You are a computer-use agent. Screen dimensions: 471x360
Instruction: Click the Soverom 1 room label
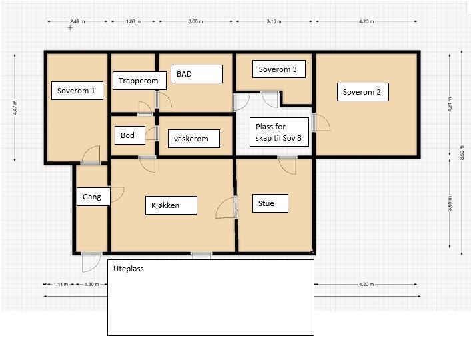click(77, 91)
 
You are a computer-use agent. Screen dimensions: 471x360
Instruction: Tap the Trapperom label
click(139, 81)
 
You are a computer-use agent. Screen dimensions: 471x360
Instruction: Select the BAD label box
click(197, 74)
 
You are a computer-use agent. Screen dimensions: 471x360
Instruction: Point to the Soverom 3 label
click(279, 69)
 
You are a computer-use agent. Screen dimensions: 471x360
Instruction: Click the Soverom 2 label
click(363, 92)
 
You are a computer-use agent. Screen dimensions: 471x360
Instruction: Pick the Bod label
click(130, 135)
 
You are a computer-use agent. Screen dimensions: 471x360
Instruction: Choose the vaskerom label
click(194, 139)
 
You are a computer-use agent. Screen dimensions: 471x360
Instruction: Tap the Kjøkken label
click(171, 205)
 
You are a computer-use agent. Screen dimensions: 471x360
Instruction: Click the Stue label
click(270, 203)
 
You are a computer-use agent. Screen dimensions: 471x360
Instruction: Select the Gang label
click(93, 197)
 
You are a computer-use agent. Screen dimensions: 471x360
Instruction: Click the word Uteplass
click(129, 269)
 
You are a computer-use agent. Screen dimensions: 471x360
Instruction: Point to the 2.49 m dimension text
click(77, 21)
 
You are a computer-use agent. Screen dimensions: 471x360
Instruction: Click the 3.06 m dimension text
click(196, 21)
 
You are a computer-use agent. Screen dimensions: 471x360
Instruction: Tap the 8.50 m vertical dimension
click(462, 153)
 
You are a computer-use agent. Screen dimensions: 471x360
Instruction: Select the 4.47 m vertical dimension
click(15, 107)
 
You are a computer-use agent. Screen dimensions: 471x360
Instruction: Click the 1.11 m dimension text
click(61, 284)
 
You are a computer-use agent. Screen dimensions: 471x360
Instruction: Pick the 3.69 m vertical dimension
click(450, 203)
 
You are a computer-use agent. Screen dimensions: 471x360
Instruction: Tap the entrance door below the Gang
click(92, 262)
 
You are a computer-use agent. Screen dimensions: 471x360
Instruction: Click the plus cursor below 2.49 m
click(71, 27)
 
